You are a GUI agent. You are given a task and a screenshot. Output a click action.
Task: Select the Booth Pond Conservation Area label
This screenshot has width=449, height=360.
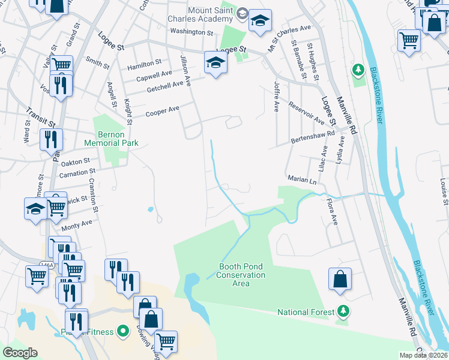[242, 275]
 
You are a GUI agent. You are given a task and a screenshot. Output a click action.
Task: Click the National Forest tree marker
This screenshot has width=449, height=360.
[343, 311]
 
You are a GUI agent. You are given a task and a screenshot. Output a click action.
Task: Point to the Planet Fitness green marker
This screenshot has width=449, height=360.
[124, 331]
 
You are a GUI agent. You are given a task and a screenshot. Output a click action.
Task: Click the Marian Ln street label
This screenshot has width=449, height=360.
[302, 179]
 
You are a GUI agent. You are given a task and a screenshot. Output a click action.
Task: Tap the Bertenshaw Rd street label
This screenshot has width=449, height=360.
[312, 137]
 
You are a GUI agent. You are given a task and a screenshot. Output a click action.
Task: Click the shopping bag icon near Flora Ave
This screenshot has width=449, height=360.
[340, 280]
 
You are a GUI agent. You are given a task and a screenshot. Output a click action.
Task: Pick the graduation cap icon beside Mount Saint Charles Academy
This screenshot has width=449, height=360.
[260, 20]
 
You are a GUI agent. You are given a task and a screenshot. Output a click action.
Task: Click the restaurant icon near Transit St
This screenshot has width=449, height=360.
[51, 140]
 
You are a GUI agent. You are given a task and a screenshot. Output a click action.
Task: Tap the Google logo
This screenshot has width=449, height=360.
[20, 352]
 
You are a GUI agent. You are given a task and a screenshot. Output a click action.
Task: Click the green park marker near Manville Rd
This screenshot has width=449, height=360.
[358, 70]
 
